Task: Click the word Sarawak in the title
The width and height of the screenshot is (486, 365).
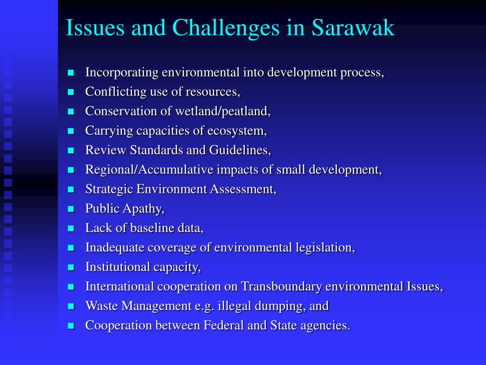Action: [353, 28]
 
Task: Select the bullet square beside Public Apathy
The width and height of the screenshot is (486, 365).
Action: [71, 209]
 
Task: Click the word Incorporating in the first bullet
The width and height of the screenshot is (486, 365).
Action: [122, 73]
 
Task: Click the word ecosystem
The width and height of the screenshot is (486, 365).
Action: [236, 131]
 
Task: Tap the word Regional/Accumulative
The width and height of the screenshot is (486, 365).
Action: [150, 170]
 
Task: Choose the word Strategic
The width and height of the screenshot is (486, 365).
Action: [109, 189]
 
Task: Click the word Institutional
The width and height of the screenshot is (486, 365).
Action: [117, 267]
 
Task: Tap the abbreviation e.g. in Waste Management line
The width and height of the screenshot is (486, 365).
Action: [205, 306]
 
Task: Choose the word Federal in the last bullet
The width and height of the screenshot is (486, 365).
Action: [223, 326]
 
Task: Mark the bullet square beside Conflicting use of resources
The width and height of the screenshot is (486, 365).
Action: [71, 92]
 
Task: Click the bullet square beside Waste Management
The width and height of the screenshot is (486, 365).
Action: [71, 307]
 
